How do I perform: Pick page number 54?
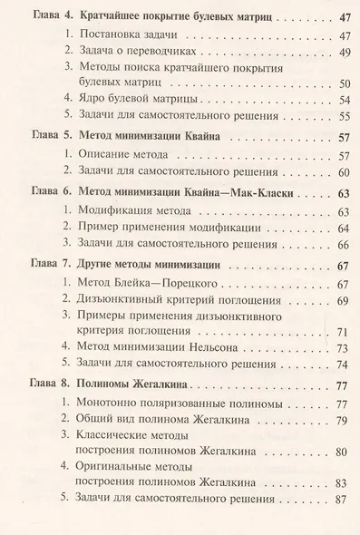coord(342,99)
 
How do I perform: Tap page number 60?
coord(342,171)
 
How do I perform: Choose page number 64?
coord(342,228)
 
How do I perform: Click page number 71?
coord(342,332)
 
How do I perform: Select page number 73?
coord(342,348)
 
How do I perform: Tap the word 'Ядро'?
coord(94,99)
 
